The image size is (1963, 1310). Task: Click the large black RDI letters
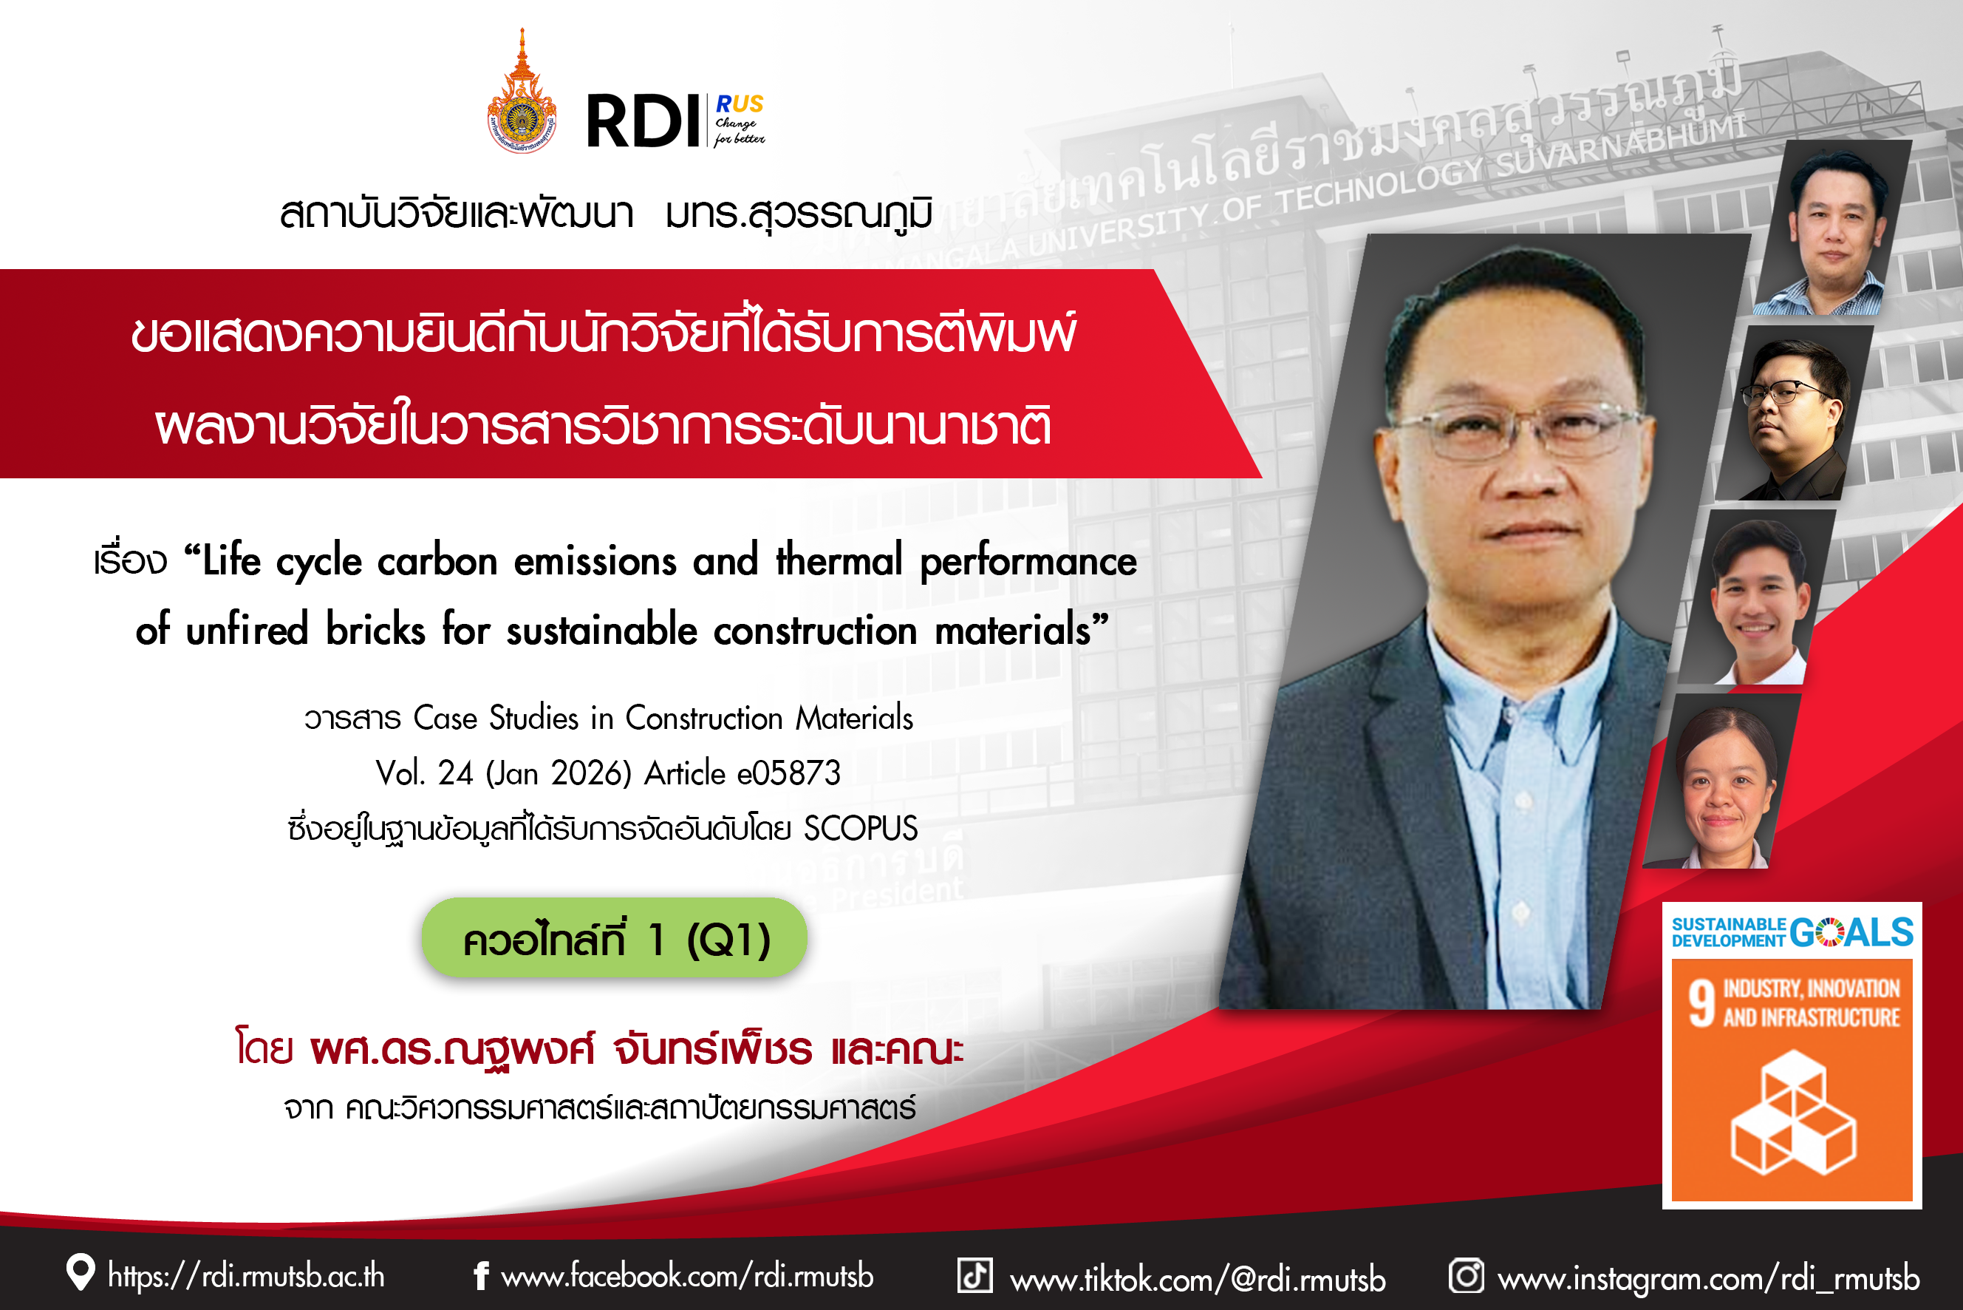pyautogui.click(x=642, y=121)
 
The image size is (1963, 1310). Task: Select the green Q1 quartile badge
pyautogui.click(x=615, y=938)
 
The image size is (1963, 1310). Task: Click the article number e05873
pyautogui.click(x=788, y=773)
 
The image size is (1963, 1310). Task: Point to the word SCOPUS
pyautogui.click(x=860, y=828)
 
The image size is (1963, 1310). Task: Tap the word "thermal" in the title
pyautogui.click(x=839, y=560)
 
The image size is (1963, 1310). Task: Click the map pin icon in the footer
pyautogui.click(x=80, y=1273)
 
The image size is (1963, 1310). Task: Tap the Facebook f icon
pyautogui.click(x=481, y=1276)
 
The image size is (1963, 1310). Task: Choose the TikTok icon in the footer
pyautogui.click(x=974, y=1276)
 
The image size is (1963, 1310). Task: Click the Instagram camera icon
pyautogui.click(x=1467, y=1276)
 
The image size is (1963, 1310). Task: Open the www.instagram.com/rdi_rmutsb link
pyautogui.click(x=1708, y=1278)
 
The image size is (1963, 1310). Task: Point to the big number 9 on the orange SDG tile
pyautogui.click(x=1701, y=1002)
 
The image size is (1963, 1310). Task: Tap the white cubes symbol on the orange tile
pyautogui.click(x=1792, y=1112)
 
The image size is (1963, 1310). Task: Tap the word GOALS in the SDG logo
pyautogui.click(x=1851, y=931)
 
